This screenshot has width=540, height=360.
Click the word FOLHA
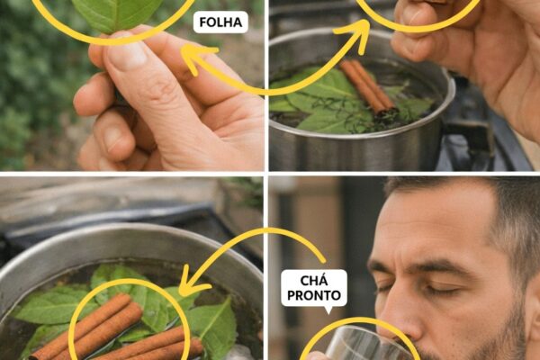point(220,22)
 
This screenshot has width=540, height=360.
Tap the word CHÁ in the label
point(314,281)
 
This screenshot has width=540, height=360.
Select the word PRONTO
point(314,295)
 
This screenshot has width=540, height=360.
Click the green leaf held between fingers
point(117,13)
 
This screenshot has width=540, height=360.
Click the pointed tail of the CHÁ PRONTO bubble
point(328,312)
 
